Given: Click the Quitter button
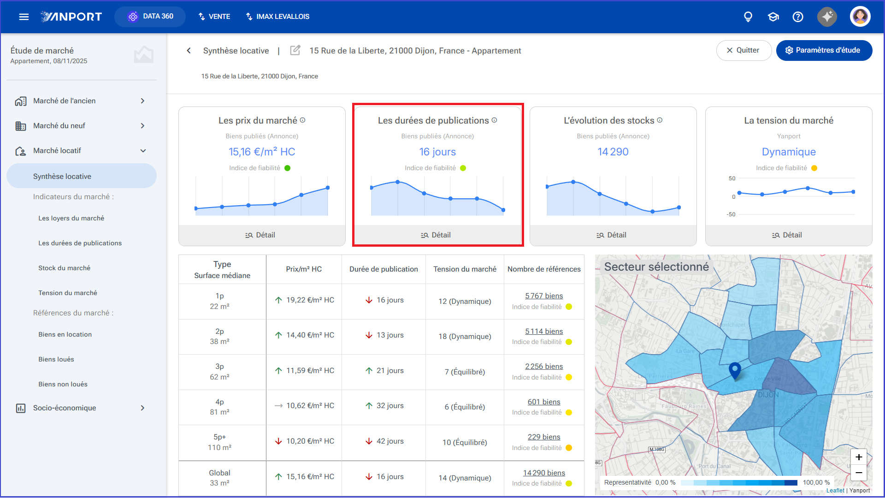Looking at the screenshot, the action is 743,50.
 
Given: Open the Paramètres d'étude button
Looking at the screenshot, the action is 824,50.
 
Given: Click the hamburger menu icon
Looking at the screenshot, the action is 24,17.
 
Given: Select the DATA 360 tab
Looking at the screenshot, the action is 150,17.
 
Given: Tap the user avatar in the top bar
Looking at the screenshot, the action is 860,17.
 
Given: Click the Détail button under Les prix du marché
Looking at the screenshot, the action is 260,235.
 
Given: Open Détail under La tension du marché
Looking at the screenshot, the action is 787,235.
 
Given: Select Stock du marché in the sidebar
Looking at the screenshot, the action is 65,268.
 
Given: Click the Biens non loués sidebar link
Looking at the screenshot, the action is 63,384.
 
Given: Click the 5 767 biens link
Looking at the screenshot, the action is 544,296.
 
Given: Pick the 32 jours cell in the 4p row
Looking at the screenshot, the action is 384,406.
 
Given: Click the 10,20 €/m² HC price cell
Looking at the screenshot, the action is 304,441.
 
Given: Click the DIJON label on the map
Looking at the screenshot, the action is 768,395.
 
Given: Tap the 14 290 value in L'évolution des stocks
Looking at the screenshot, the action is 613,152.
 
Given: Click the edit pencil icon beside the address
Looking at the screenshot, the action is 295,50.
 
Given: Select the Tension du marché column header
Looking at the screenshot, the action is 465,269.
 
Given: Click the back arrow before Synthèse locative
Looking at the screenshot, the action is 189,50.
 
